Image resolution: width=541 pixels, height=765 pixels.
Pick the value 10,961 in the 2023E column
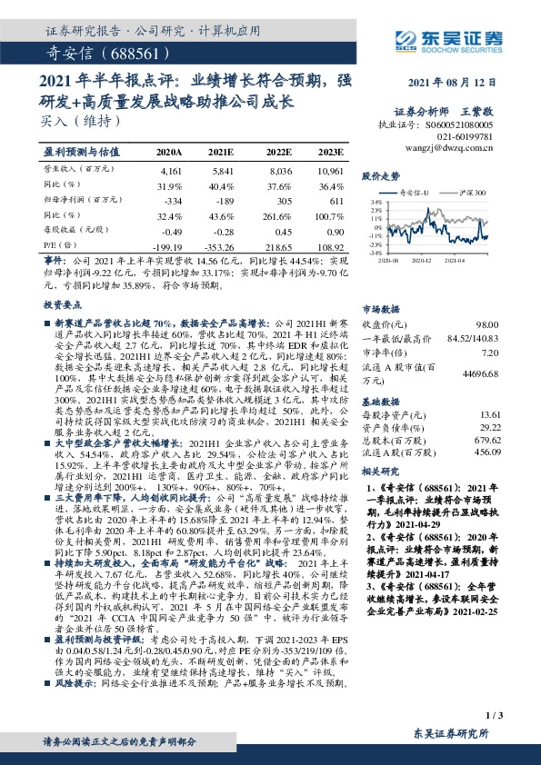point(330,171)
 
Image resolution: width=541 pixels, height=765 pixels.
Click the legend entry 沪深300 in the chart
point(474,194)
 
